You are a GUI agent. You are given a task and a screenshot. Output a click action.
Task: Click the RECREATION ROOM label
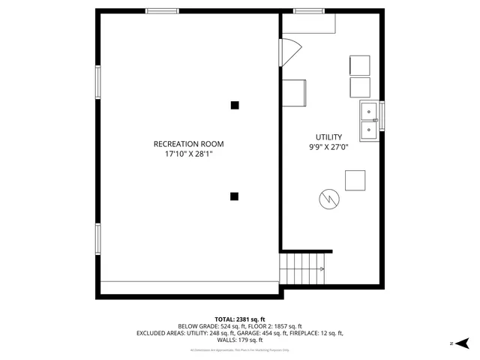pos(188,144)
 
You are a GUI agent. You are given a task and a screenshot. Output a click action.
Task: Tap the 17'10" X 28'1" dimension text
pos(188,154)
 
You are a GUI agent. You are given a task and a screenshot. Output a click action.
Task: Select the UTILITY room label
pos(328,137)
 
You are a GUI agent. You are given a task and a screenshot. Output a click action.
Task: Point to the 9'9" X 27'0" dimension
pos(328,148)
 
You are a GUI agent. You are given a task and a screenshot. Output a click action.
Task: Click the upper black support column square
pos(235,105)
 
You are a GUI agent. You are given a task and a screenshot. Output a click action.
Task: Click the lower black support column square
pos(234,196)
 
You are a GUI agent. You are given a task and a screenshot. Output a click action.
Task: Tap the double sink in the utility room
pos(370,121)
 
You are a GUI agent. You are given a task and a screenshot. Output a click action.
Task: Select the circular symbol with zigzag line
pos(328,198)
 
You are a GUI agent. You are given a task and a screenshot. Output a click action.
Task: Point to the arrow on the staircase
pos(320,267)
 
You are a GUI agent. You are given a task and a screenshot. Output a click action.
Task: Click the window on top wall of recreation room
pos(162,11)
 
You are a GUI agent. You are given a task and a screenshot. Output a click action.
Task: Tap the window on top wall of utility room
pos(308,11)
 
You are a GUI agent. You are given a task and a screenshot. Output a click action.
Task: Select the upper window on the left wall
pos(97,82)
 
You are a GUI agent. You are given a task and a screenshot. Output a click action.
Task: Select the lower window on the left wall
pos(97,239)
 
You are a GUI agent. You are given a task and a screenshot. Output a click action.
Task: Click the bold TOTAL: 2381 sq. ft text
pos(240,319)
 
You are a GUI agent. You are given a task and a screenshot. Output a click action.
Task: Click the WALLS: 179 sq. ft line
pos(240,340)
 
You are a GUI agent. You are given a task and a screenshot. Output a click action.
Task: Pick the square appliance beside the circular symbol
pos(355,181)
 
